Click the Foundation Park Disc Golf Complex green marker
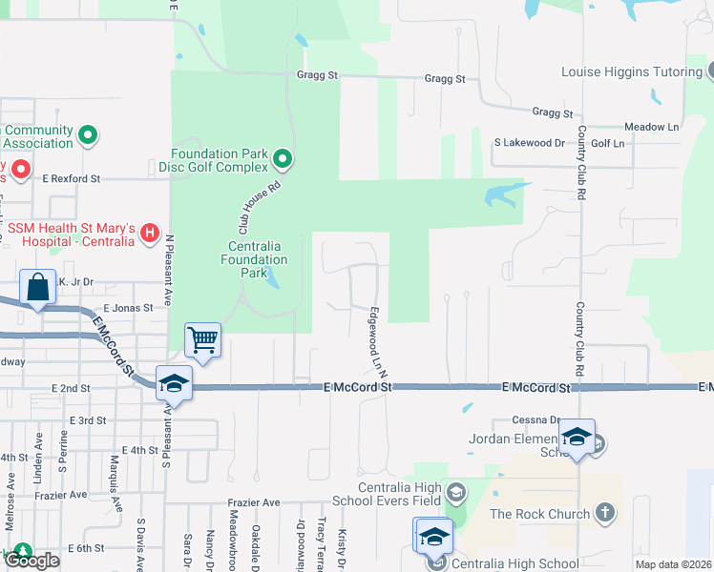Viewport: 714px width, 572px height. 283,157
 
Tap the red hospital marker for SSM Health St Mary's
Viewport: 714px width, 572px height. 149,232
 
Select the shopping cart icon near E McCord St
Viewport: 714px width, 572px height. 202,339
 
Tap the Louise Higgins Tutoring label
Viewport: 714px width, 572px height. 632,71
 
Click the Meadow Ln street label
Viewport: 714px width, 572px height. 651,127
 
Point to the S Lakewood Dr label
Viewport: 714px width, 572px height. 530,143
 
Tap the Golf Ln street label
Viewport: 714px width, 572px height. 607,143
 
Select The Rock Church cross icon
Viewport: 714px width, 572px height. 603,514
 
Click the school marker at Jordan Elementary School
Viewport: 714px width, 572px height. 577,437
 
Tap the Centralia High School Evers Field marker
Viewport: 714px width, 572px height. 457,493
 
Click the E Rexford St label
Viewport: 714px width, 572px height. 69,178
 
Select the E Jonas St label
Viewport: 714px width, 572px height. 128,308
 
